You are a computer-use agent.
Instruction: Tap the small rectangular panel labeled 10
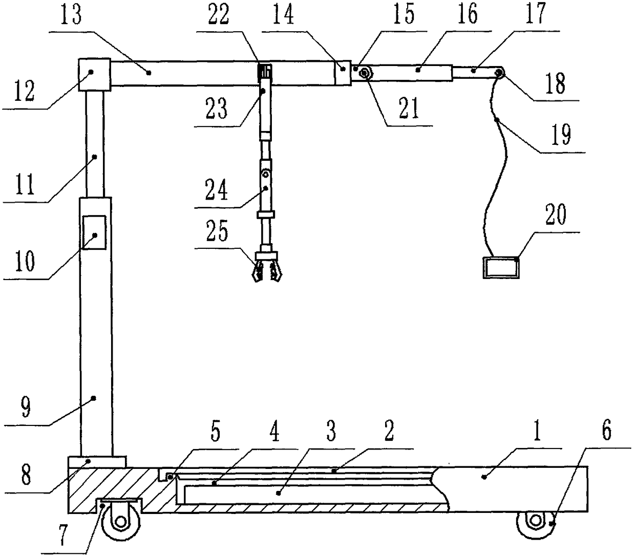[x=95, y=232]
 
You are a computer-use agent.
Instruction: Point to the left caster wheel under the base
[x=120, y=522]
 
